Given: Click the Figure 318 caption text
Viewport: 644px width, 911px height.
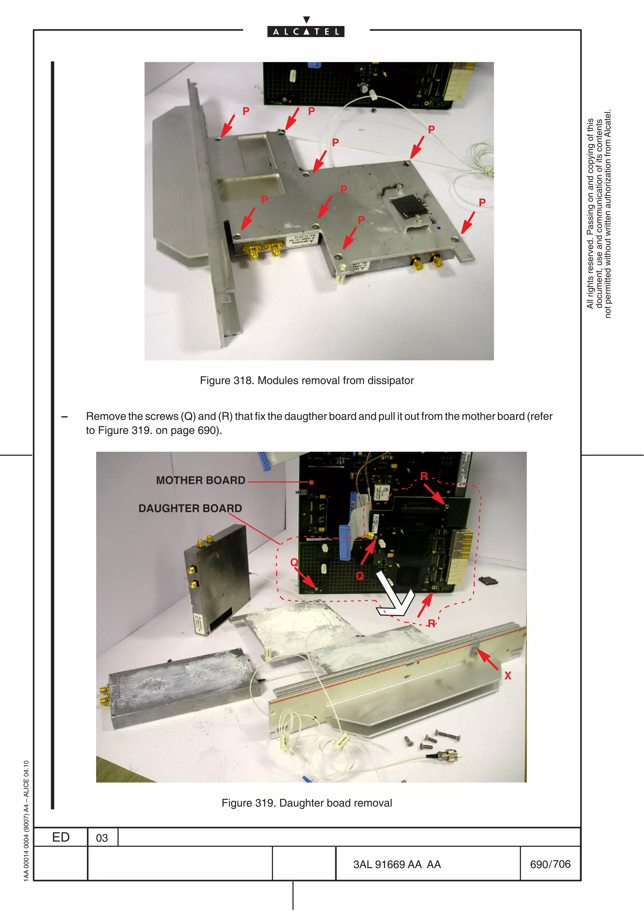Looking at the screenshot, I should [x=306, y=380].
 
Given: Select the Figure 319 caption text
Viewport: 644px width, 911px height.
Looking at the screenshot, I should [x=306, y=803].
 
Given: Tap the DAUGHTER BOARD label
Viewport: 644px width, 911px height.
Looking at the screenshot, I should [x=190, y=509].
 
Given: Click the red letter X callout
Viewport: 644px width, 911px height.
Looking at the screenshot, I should [x=508, y=676].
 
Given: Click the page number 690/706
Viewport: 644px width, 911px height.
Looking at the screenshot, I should [x=550, y=864].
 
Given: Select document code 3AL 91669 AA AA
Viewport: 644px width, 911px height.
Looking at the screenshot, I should [x=397, y=864].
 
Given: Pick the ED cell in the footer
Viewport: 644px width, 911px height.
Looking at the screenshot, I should [x=61, y=837].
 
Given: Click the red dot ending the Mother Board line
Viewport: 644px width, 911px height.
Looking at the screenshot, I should [x=312, y=483].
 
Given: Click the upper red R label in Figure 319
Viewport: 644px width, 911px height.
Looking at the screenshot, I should [x=424, y=476].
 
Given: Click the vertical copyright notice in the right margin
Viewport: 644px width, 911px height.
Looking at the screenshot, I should [x=599, y=214].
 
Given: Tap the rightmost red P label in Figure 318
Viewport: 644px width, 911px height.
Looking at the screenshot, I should [x=482, y=203].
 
